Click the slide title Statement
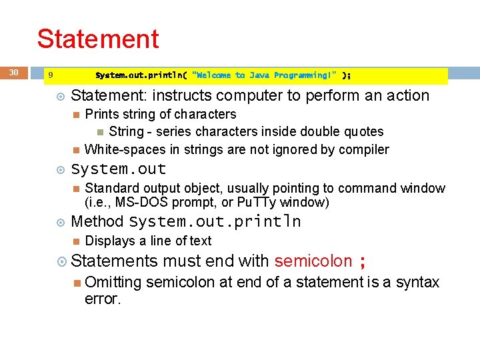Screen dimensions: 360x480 pos(98,39)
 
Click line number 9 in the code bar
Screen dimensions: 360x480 pos(51,75)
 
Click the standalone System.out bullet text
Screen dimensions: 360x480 pos(119,169)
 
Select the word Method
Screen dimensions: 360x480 pos(97,221)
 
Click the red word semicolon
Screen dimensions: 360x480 pos(313,261)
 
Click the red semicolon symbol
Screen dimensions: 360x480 pos(362,262)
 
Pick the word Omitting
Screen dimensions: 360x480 pos(113,283)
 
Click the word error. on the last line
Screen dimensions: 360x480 pos(103,299)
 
